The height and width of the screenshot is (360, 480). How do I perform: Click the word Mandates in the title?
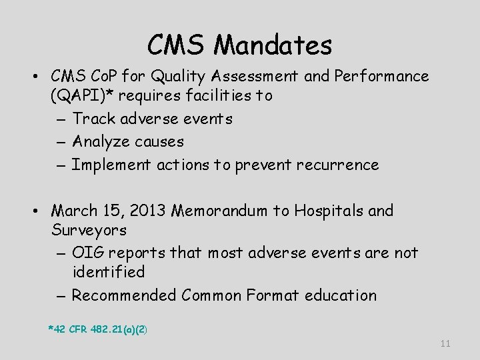coord(274,45)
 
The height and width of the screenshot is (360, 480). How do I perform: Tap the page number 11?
coord(446,343)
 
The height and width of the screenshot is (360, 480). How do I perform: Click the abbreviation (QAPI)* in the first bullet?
coord(81,95)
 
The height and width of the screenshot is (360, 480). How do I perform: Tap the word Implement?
coord(110,165)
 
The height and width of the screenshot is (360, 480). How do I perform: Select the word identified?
coord(108,272)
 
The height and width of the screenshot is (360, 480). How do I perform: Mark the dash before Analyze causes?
coord(59,142)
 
